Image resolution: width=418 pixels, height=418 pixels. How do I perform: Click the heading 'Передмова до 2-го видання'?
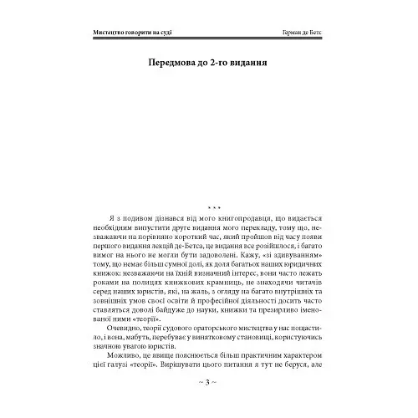[x=208, y=64]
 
